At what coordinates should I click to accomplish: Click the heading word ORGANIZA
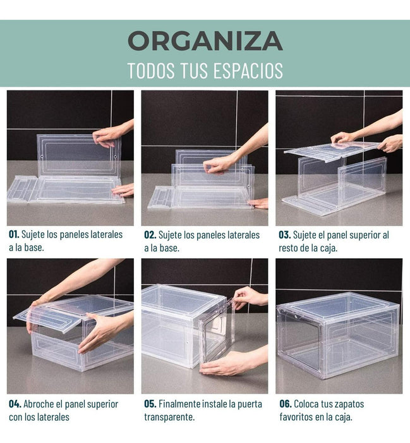(x=205, y=41)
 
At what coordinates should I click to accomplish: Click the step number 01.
(x=14, y=235)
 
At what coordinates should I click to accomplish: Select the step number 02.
(x=150, y=235)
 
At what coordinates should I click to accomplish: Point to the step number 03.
(x=284, y=235)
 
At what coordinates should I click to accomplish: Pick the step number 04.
(x=15, y=404)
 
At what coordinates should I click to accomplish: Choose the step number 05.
(x=150, y=404)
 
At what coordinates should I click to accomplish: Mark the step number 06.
(x=286, y=404)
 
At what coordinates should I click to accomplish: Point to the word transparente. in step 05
(x=169, y=417)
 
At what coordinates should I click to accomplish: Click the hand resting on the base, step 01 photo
(x=123, y=190)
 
